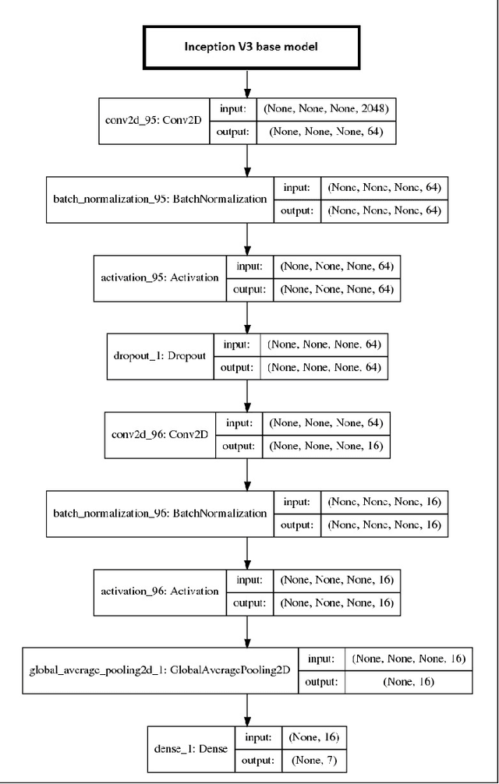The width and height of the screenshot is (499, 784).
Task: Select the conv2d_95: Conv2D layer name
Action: [152, 122]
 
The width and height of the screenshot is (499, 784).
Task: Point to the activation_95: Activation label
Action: [160, 278]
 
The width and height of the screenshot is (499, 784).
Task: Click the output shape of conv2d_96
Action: [326, 447]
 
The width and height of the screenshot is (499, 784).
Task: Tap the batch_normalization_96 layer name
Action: [160, 514]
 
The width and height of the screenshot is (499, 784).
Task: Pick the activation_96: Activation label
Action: [160, 591]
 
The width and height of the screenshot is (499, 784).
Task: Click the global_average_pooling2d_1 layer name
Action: [160, 670]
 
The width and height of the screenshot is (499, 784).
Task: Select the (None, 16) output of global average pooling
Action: [409, 682]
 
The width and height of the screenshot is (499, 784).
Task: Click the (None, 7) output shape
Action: [312, 760]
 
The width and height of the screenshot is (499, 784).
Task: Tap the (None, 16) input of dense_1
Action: [313, 736]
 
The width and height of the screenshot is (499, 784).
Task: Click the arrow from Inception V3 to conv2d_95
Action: [248, 82]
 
